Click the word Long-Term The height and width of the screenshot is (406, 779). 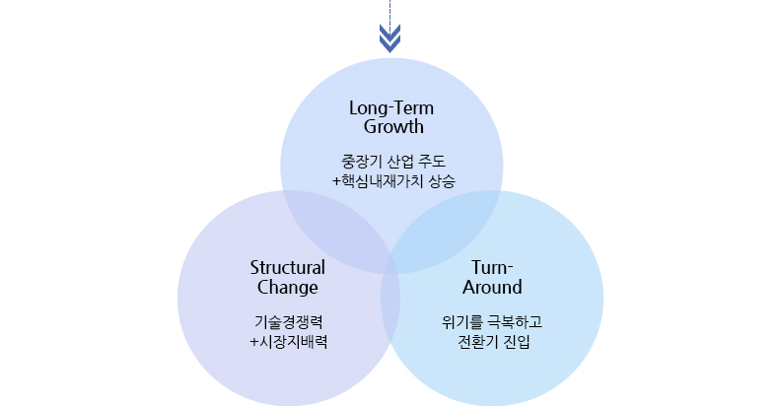(392, 107)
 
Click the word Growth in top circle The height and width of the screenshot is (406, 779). (392, 126)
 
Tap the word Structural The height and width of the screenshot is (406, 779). (288, 267)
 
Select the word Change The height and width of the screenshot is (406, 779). (288, 288)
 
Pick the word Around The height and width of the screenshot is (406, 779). (492, 288)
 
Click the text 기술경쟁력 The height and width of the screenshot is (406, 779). (288, 322)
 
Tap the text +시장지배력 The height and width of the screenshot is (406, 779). (288, 342)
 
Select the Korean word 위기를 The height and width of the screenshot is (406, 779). (461, 322)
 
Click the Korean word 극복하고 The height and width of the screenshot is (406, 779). (516, 322)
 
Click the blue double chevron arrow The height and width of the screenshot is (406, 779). (391, 37)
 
